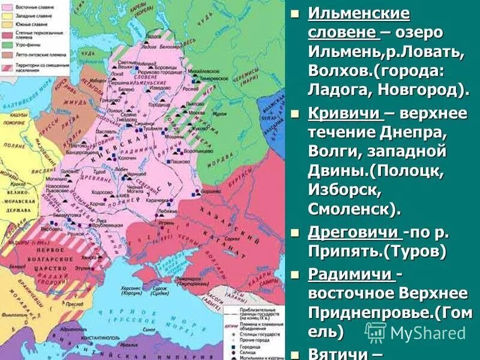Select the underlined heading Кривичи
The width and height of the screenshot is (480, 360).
pyautogui.click(x=344, y=113)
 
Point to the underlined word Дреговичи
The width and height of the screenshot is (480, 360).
pyautogui.click(x=353, y=233)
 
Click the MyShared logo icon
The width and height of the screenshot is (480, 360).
pyautogui.click(x=376, y=332)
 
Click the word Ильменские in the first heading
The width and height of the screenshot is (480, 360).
pyautogui.click(x=358, y=13)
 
